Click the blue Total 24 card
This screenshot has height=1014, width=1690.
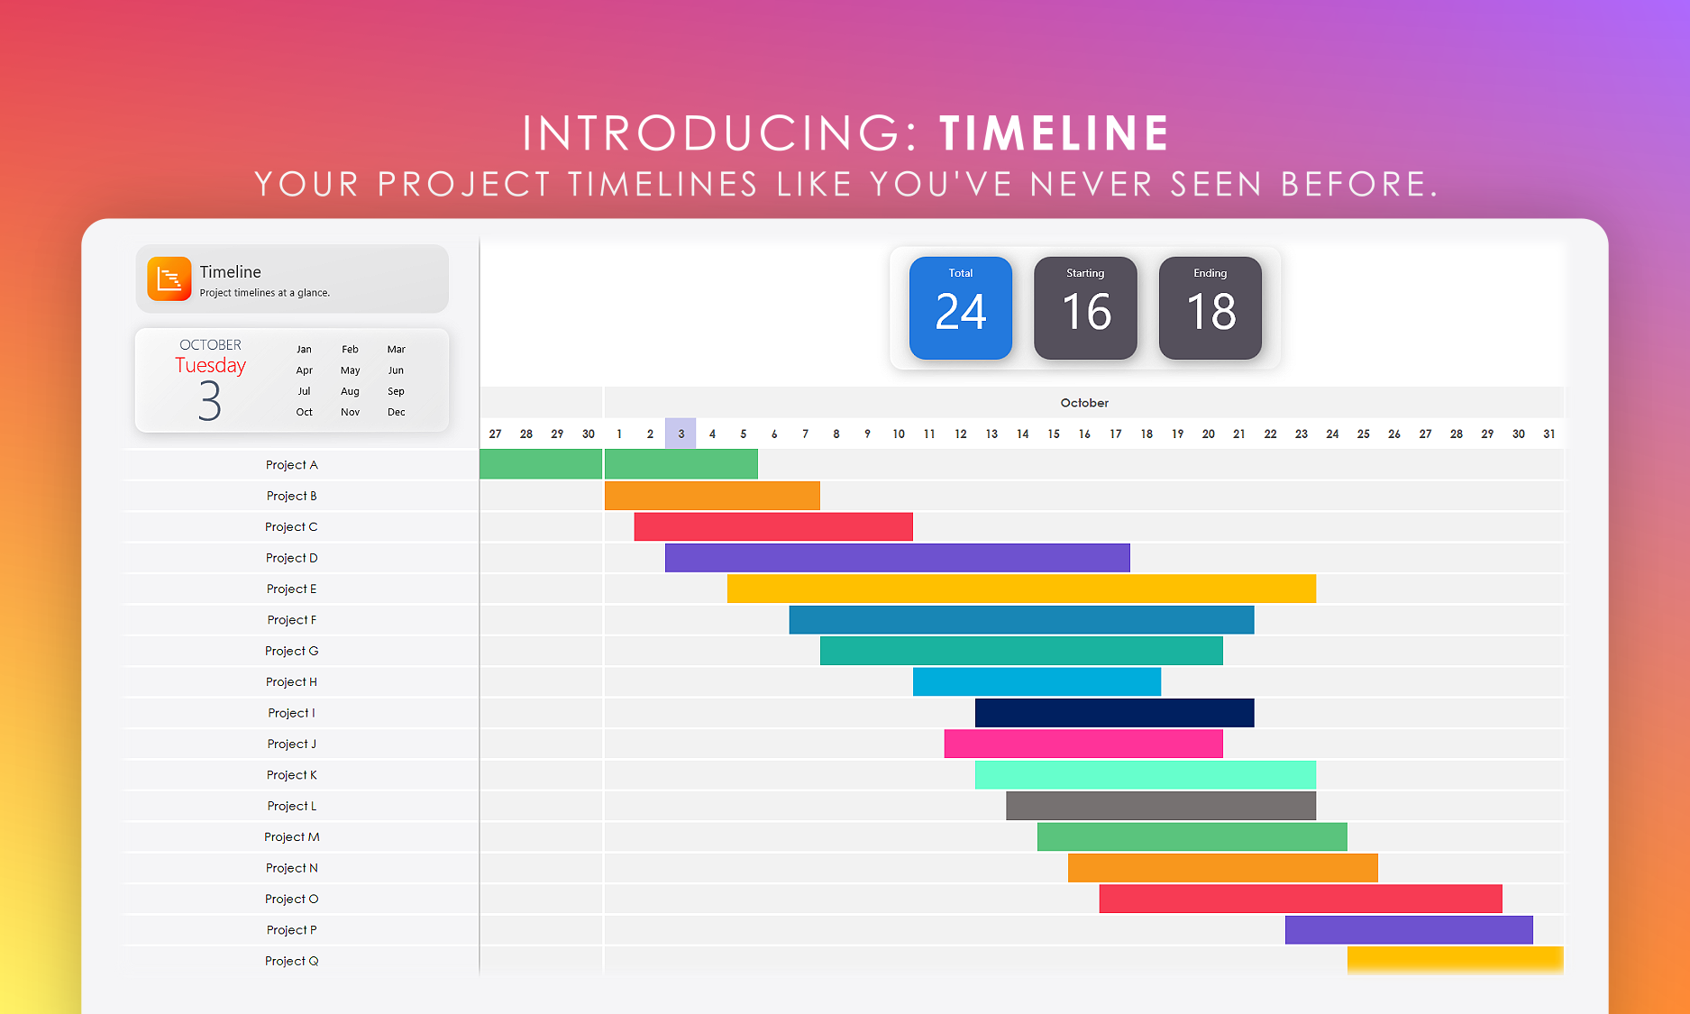(x=961, y=308)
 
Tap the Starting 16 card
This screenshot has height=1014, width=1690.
(x=1085, y=308)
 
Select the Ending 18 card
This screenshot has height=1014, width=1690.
(x=1210, y=308)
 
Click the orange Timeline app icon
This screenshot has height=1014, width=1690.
(x=169, y=279)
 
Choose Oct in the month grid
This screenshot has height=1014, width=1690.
(x=305, y=412)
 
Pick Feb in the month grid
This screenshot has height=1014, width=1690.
(x=351, y=349)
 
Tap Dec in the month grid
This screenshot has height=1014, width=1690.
(x=397, y=412)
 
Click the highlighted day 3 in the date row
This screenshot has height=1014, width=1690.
(x=681, y=434)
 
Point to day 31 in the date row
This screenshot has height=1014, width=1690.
(x=1549, y=434)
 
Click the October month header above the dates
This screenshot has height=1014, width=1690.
(x=1084, y=403)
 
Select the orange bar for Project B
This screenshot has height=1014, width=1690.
(x=712, y=496)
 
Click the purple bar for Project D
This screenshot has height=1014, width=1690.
(x=898, y=558)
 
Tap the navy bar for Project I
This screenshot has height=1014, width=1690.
(x=1115, y=713)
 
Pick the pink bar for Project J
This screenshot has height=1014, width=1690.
(x=1083, y=744)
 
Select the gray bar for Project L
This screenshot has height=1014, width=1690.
(x=1161, y=806)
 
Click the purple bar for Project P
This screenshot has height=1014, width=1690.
(x=1409, y=930)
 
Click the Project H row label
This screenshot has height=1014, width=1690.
(x=291, y=682)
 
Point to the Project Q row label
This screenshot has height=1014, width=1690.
(x=291, y=961)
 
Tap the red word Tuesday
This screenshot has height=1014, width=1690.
(x=210, y=365)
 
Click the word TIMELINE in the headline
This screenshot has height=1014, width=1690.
(x=1055, y=133)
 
